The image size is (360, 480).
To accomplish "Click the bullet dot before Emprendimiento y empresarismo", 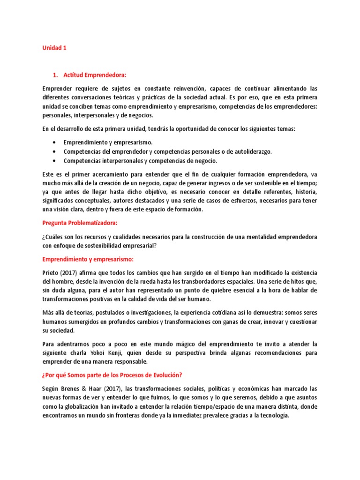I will coord(55,142).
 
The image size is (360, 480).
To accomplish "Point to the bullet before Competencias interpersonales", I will coord(55,161).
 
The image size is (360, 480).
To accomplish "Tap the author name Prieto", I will coord(51,273).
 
